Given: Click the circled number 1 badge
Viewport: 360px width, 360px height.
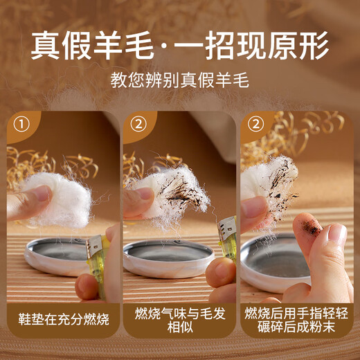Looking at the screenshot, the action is pyautogui.click(x=21, y=125).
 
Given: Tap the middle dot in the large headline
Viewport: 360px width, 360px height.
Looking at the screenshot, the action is pyautogui.click(x=163, y=46).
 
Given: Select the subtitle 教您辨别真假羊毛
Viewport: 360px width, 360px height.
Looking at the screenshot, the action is pyautogui.click(x=179, y=80).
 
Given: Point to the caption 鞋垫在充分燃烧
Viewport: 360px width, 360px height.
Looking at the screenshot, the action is pyautogui.click(x=64, y=319).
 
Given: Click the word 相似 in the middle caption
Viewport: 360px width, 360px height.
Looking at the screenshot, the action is pyautogui.click(x=180, y=327).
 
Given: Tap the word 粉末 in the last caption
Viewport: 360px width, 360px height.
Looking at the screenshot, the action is pyautogui.click(x=322, y=327).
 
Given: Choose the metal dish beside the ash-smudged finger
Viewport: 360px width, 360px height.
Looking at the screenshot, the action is pyautogui.click(x=275, y=263).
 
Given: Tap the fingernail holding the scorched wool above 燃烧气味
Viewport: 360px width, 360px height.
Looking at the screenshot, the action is pyautogui.click(x=144, y=193).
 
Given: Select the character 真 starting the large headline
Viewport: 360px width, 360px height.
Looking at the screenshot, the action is pyautogui.click(x=46, y=46).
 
